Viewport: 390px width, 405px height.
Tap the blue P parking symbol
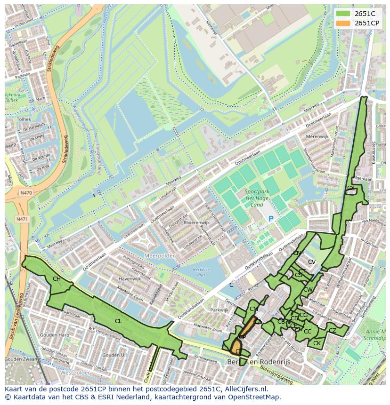(x=271, y=219)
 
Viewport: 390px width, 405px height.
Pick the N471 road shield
(x=22, y=219)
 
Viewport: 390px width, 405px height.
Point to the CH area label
(x=57, y=279)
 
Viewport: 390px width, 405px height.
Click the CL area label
(x=118, y=321)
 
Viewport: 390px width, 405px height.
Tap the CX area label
(x=350, y=188)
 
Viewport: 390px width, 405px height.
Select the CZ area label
(x=333, y=331)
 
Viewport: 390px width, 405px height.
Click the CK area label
(x=317, y=343)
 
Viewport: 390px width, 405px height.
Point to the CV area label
(x=312, y=262)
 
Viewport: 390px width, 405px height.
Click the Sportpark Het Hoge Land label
(x=257, y=198)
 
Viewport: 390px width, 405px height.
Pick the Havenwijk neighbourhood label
(x=130, y=279)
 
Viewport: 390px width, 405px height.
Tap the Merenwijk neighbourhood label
(x=317, y=136)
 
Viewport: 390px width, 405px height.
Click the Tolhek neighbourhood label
(x=24, y=119)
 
